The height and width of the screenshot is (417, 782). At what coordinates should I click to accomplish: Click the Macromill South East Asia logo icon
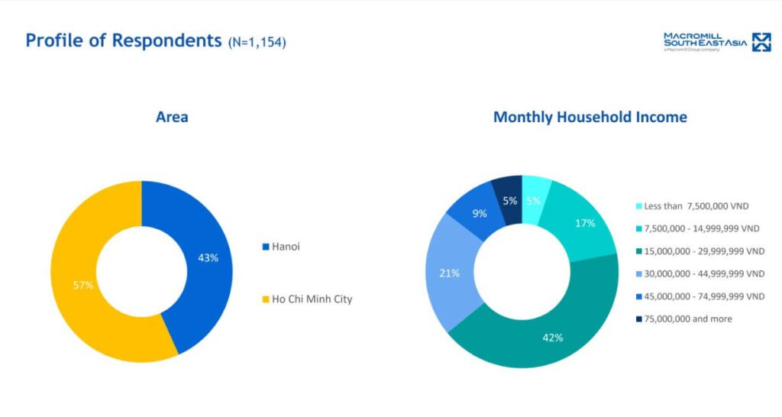point(761,42)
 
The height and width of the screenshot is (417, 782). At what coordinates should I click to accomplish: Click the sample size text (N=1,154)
point(257,43)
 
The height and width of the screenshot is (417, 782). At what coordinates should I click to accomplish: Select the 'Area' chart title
point(172,117)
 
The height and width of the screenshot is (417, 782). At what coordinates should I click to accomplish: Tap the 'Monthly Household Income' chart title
point(590,117)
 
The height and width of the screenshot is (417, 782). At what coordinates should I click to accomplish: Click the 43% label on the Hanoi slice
point(208,258)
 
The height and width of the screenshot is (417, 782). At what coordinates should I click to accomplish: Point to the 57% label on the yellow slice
point(83,285)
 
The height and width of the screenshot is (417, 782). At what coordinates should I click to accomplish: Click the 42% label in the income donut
point(552,337)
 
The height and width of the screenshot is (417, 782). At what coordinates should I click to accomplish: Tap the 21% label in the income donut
point(449,273)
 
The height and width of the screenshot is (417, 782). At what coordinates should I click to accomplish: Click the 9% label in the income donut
point(480,214)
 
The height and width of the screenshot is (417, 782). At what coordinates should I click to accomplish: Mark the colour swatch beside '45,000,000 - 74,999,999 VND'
point(638,296)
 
